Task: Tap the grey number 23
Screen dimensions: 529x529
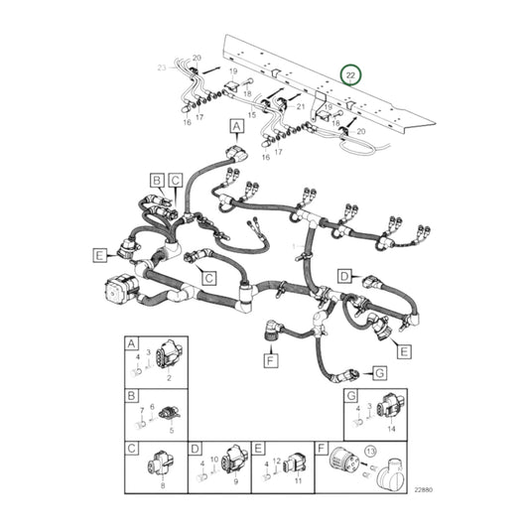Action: point(163,66)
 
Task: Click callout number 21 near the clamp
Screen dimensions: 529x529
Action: point(300,104)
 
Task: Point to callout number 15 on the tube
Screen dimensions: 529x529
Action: point(252,116)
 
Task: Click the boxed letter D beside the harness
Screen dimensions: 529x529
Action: point(343,275)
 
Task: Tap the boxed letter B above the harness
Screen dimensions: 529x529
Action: point(157,180)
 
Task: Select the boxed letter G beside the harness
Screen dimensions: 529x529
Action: point(378,372)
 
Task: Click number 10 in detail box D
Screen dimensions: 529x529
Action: point(214,460)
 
